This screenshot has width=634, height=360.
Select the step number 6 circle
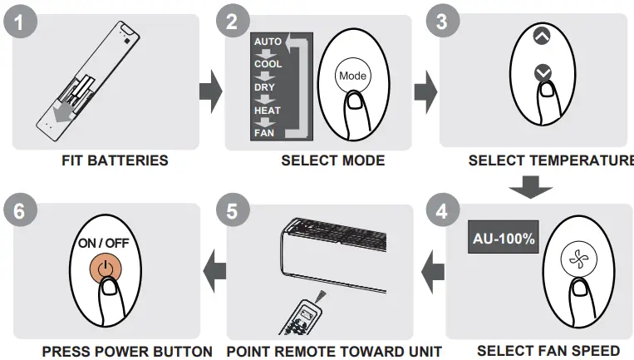coord(18,212)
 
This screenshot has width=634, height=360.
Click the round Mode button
coord(351,75)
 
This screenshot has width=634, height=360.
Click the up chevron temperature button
coord(542,37)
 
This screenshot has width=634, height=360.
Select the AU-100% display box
coord(504,239)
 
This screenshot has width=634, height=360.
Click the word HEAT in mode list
coord(268,110)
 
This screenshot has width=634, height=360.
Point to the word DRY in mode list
coord(265,86)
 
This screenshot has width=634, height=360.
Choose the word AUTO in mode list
coord(268,40)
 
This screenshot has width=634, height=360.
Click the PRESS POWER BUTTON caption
coord(115,351)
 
